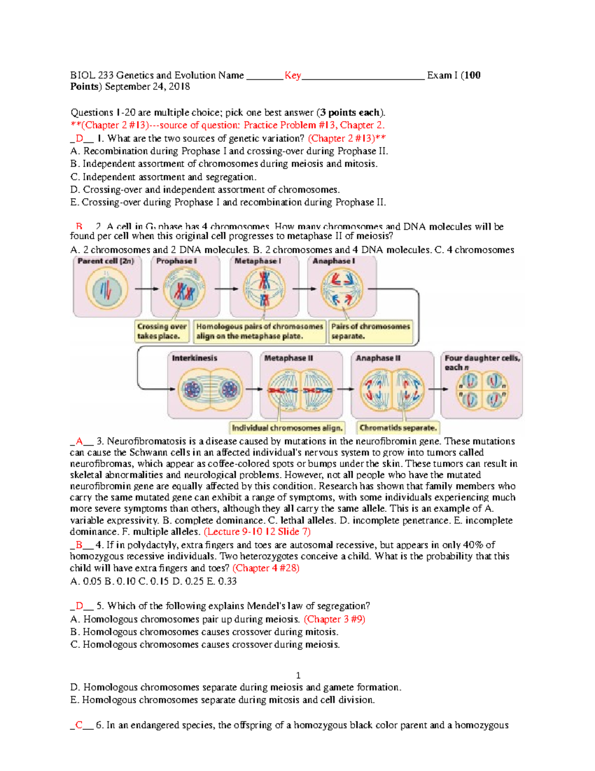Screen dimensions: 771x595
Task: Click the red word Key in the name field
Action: point(293,75)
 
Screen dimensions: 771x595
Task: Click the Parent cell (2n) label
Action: point(106,261)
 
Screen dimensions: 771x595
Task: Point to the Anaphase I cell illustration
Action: point(342,289)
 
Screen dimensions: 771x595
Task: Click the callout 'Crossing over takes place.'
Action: point(162,331)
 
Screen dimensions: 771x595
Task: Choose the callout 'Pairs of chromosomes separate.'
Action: point(370,331)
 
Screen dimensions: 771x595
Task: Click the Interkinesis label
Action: point(194,358)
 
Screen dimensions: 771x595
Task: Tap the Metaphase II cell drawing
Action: point(300,390)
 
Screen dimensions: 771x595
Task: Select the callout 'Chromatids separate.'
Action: point(398,427)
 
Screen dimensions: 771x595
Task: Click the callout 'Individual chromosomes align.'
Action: point(287,427)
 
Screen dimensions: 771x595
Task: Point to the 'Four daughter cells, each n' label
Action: point(481,362)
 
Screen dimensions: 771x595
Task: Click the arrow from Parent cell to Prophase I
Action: point(146,289)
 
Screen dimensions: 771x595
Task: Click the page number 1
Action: point(298,675)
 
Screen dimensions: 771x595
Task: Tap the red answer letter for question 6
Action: point(79,725)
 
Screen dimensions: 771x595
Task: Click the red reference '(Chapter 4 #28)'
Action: point(266,568)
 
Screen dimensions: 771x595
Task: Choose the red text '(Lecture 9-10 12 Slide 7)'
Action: point(257,532)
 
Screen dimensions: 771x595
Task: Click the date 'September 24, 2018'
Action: point(147,87)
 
